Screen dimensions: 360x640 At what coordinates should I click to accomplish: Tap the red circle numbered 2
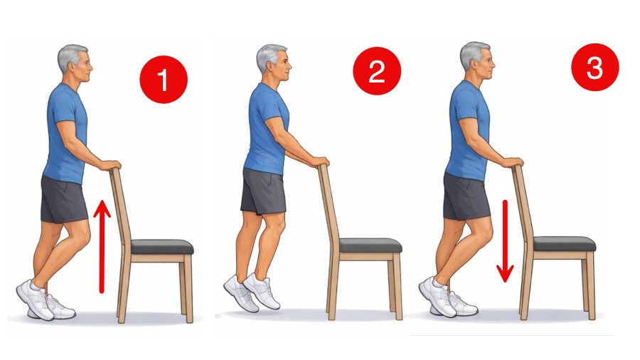pyautogui.click(x=378, y=72)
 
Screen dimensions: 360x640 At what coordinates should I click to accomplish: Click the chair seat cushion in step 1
pyautogui.click(x=162, y=247)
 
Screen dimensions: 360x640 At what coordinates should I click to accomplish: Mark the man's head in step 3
pyautogui.click(x=474, y=60)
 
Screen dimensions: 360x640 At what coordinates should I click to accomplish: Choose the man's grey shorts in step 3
pyautogui.click(x=466, y=195)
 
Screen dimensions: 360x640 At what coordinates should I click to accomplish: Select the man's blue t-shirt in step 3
pyautogui.click(x=466, y=128)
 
